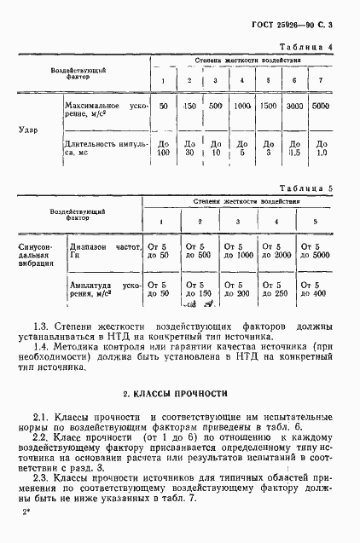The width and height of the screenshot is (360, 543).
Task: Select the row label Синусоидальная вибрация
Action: point(33,255)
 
